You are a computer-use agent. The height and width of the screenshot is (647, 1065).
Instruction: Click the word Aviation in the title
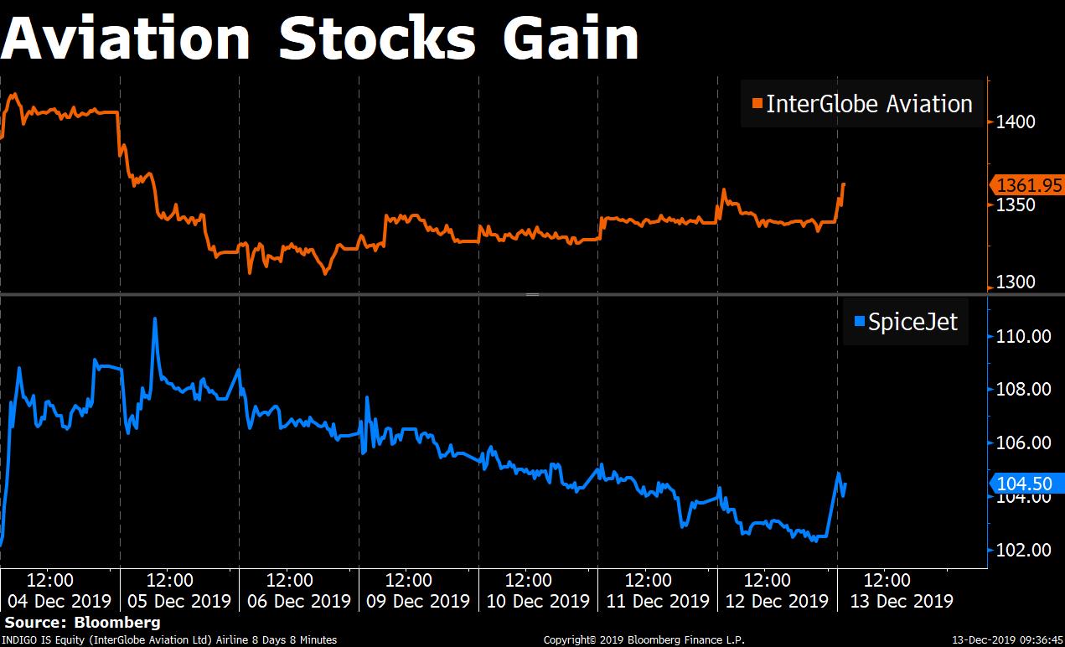[125, 39]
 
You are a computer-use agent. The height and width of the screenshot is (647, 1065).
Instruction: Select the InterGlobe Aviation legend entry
[863, 104]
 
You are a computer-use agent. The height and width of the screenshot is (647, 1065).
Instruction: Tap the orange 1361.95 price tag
[1028, 185]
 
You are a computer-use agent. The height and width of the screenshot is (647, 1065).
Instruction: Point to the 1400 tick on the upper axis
[1015, 122]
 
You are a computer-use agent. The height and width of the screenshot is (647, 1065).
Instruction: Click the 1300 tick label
[1015, 282]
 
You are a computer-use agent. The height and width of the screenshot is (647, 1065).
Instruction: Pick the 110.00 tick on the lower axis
[1023, 336]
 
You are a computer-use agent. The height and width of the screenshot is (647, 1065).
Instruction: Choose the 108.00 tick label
[1023, 389]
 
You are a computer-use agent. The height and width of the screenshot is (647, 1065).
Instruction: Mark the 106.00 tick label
[1023, 443]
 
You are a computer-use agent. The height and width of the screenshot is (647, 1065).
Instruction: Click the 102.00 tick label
[1023, 550]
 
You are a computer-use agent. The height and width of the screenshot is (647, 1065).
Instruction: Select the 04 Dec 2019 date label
[59, 601]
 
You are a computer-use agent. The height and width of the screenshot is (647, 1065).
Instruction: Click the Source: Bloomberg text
[82, 623]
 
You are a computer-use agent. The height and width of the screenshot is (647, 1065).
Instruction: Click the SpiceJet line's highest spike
[155, 318]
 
